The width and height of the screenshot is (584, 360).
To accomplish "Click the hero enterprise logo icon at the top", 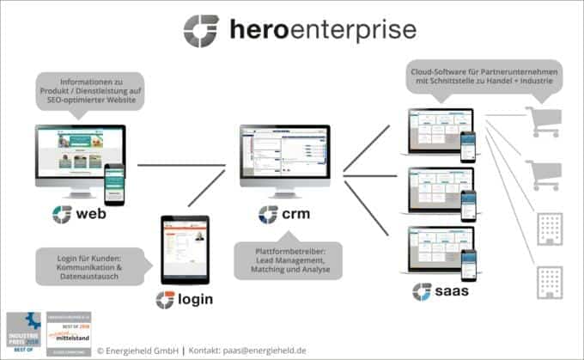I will pyautogui.click(x=201, y=29).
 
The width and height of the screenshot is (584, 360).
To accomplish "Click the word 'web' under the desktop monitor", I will pyautogui.click(x=90, y=214).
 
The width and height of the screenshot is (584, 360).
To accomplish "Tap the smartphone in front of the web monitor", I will pyautogui.click(x=113, y=183).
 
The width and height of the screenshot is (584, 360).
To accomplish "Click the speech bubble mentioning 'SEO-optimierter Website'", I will pyautogui.click(x=88, y=90).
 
